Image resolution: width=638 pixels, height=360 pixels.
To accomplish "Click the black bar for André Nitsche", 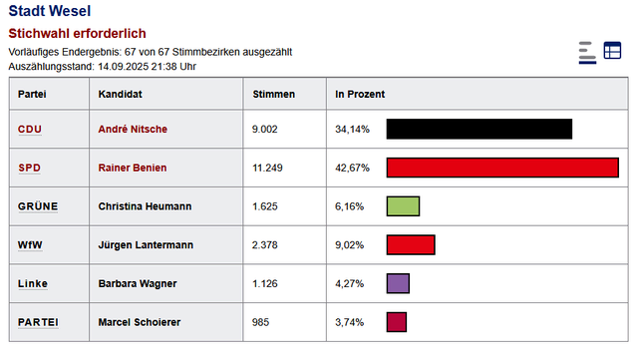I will click(x=478, y=130).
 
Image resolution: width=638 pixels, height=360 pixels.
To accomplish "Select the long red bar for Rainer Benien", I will click(x=502, y=168).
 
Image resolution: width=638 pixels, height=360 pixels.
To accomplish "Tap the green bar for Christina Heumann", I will click(x=402, y=206).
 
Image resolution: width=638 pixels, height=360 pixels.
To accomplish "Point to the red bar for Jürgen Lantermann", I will click(x=410, y=245).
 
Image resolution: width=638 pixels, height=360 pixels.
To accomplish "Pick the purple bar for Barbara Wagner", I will click(x=398, y=284).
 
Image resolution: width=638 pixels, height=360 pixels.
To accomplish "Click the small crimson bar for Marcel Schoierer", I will click(x=396, y=322).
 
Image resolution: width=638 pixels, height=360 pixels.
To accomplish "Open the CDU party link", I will click(x=30, y=130).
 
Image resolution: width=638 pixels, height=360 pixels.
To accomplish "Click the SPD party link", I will click(x=30, y=168).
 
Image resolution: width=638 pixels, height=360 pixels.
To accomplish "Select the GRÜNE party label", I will click(x=38, y=206).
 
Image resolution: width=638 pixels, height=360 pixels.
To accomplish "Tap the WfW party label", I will click(x=30, y=245).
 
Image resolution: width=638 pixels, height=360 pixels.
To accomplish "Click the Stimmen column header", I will click(x=274, y=94).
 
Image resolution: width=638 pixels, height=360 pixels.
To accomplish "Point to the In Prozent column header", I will click(x=360, y=94).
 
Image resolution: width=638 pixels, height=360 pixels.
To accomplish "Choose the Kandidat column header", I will click(x=121, y=94).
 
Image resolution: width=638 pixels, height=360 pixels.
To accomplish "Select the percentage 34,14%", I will click(x=352, y=130).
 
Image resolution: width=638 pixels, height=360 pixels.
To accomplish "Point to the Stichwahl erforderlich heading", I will click(x=77, y=33).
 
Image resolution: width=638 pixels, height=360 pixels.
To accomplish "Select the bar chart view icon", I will click(x=586, y=52).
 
